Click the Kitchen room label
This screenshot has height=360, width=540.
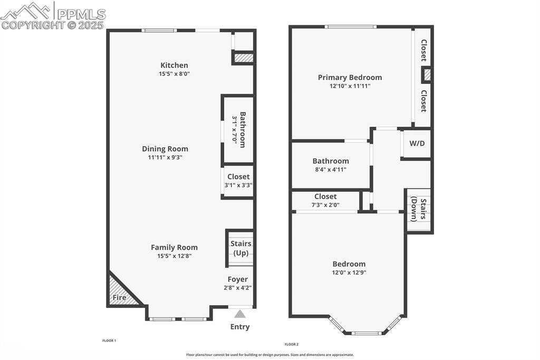pyautogui.click(x=174, y=65)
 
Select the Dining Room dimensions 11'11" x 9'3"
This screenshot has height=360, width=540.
pyautogui.click(x=165, y=157)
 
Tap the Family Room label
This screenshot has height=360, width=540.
pyautogui.click(x=174, y=247)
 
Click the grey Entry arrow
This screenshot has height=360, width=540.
pyautogui.click(x=240, y=314)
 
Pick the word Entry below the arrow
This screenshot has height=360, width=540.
pyautogui.click(x=240, y=327)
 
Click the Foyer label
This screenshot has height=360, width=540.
pyautogui.click(x=237, y=279)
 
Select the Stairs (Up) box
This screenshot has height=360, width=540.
pyautogui.click(x=240, y=248)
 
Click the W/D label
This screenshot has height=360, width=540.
pyautogui.click(x=417, y=143)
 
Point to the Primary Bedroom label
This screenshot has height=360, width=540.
pyautogui.click(x=350, y=77)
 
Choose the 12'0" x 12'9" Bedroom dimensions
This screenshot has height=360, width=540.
pyautogui.click(x=349, y=273)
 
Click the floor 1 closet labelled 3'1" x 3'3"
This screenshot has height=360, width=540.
pyautogui.click(x=238, y=181)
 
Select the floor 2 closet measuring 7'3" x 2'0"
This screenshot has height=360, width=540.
pyautogui.click(x=325, y=201)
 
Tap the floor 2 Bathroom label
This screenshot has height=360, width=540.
pyautogui.click(x=331, y=161)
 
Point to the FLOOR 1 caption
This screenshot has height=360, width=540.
pyautogui.click(x=109, y=341)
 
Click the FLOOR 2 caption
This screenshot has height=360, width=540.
pyautogui.click(x=292, y=344)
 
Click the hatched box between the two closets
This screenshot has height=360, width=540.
pyautogui.click(x=427, y=75)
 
